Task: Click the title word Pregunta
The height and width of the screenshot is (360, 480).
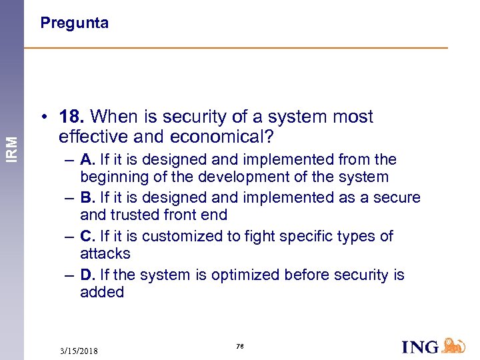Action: coord(74,23)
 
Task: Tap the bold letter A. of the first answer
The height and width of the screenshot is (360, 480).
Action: coord(88,160)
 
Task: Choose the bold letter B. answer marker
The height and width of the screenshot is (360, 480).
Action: coord(88,198)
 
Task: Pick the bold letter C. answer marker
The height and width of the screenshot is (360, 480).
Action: coord(88,237)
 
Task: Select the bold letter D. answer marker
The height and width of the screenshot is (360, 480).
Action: coord(88,275)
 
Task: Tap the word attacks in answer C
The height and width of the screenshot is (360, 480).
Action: coord(105,254)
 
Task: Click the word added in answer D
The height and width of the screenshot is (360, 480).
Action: coord(102,292)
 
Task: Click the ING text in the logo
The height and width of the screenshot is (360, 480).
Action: coord(421,347)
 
